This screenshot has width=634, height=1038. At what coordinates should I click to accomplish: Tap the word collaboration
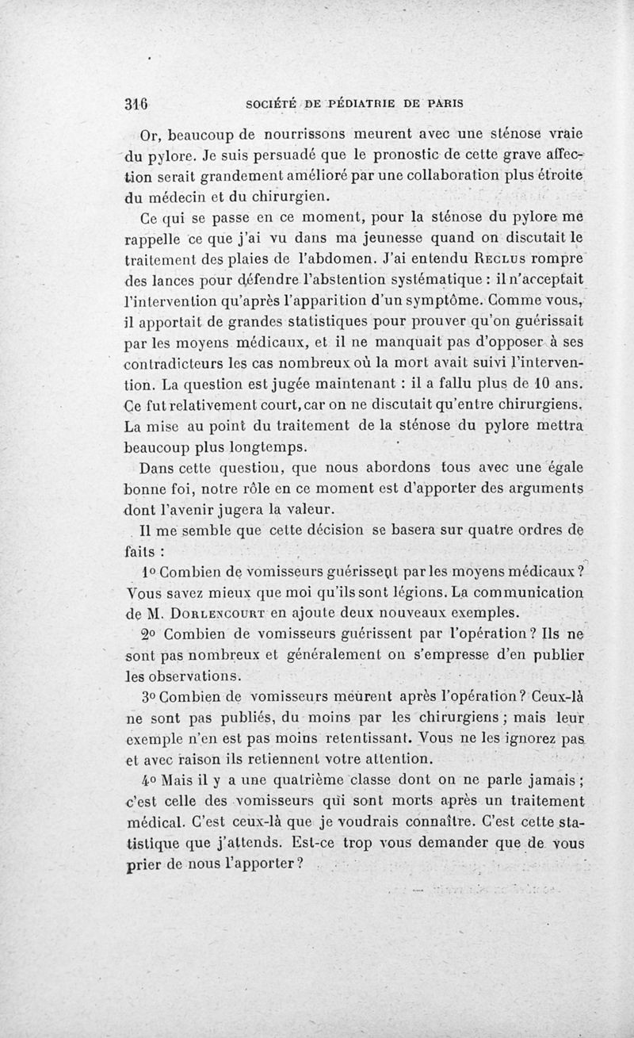point(414,174)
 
